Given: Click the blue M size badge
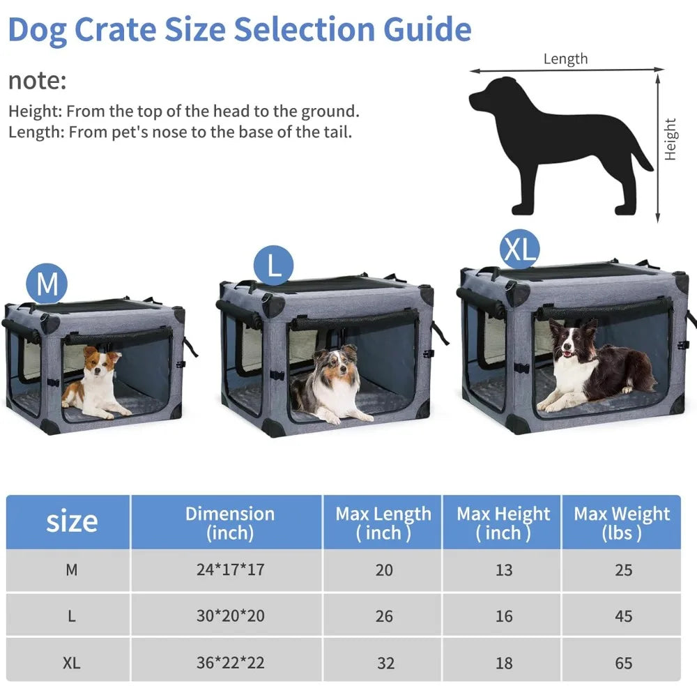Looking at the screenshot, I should (47, 284).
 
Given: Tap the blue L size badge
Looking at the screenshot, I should (274, 266).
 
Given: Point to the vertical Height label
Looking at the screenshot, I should (671, 139).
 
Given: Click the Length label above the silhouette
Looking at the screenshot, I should (565, 59).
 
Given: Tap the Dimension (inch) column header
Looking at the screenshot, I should (229, 523).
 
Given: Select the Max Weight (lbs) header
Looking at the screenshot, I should (622, 523).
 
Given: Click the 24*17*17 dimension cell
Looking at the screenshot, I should (229, 570).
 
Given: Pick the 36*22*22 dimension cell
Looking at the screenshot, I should (229, 663).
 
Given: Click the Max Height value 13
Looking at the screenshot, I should (503, 570).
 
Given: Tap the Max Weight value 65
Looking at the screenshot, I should (623, 663).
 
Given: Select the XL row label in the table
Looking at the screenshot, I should (71, 663).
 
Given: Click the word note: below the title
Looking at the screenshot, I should (37, 80).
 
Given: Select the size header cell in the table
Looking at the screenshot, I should (71, 521).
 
